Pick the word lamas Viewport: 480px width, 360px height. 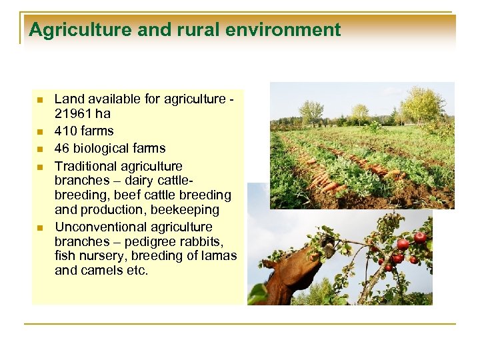(x=217, y=256)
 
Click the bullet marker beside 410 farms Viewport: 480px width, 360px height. (x=40, y=131)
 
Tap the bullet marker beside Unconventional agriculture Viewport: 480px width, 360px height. (x=40, y=227)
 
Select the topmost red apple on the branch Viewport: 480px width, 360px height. (x=420, y=237)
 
